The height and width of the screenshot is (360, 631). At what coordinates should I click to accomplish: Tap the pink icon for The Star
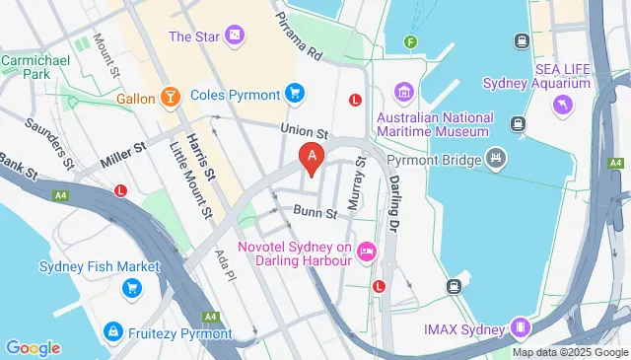pyautogui.click(x=234, y=37)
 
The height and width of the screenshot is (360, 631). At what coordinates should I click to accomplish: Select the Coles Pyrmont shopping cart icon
pyautogui.click(x=293, y=94)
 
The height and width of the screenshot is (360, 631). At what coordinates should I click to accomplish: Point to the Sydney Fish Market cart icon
pyautogui.click(x=130, y=287)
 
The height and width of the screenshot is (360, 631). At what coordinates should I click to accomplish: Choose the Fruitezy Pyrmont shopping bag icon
pyautogui.click(x=114, y=333)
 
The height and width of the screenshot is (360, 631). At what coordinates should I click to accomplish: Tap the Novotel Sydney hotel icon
pyautogui.click(x=367, y=252)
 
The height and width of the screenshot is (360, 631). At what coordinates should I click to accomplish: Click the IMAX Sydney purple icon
pyautogui.click(x=519, y=326)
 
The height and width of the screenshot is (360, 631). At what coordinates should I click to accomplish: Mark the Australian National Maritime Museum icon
pyautogui.click(x=403, y=94)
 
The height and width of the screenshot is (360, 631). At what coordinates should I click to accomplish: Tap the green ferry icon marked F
pyautogui.click(x=411, y=41)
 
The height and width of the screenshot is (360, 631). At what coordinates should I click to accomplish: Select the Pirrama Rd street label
pyautogui.click(x=300, y=36)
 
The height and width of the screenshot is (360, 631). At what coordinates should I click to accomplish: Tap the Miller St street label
pyautogui.click(x=126, y=148)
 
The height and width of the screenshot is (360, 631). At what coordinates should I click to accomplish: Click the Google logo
pyautogui.click(x=34, y=347)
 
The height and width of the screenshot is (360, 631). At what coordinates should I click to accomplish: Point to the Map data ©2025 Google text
pyautogui.click(x=569, y=352)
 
